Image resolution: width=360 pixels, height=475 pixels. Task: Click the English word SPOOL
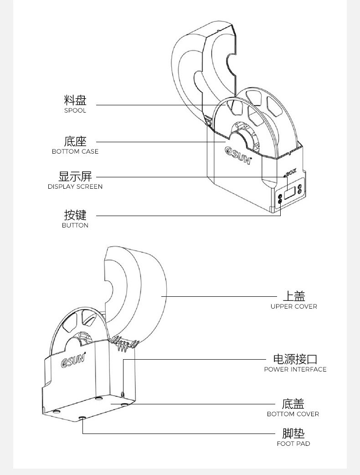[75, 111]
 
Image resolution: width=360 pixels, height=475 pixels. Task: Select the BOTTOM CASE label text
[75, 151]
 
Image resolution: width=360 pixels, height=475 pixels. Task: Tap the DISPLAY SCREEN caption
[75, 186]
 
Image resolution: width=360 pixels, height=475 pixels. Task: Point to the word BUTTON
[75, 225]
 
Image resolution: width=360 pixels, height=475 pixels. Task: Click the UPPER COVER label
[293, 306]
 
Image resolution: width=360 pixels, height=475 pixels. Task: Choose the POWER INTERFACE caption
[295, 369]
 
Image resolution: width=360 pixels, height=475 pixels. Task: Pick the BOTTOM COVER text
[293, 414]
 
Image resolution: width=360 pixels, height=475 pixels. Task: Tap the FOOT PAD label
[293, 444]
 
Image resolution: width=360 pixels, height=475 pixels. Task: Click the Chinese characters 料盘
[75, 100]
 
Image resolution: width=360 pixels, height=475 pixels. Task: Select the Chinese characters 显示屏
[75, 176]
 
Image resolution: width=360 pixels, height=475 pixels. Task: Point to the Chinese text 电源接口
[295, 359]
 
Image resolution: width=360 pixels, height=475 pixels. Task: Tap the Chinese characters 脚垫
[293, 433]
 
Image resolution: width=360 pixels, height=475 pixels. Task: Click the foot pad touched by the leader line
[82, 418]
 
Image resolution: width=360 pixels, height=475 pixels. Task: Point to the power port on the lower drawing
[123, 393]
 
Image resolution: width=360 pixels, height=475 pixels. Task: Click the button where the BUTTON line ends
[279, 201]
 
